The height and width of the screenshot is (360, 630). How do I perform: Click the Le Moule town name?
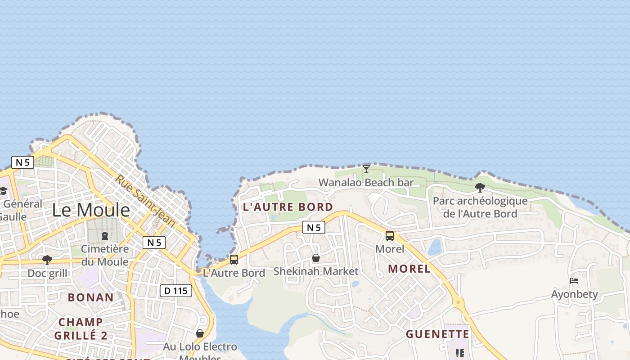click(x=91, y=210)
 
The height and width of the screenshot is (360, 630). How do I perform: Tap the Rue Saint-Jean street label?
click(x=144, y=200)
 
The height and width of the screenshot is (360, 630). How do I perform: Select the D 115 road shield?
click(x=176, y=291)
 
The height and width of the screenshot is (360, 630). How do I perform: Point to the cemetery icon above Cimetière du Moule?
click(x=105, y=235)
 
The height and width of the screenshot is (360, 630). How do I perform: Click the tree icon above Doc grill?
click(x=47, y=260)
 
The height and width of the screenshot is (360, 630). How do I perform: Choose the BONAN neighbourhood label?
click(x=90, y=297)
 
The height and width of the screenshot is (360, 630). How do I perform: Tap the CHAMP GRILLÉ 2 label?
click(x=81, y=329)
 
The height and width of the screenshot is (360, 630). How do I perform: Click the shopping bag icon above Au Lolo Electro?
click(x=200, y=333)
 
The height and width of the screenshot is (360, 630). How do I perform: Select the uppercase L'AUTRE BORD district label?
click(x=288, y=207)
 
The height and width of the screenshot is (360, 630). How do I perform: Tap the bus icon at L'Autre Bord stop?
click(x=234, y=260)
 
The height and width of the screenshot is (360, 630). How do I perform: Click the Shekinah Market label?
click(x=316, y=271)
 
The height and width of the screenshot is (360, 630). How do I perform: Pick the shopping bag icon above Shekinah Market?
click(x=316, y=258)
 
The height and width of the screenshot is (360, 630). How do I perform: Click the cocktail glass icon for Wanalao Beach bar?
click(x=366, y=169)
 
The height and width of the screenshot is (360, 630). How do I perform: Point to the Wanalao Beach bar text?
click(x=366, y=183)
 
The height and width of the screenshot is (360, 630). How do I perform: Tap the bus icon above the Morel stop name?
click(x=390, y=235)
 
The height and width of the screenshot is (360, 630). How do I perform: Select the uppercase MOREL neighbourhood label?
click(x=409, y=269)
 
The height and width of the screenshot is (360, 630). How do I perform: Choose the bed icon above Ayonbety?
click(x=574, y=281)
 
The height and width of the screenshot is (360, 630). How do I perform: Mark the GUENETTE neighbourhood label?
click(x=437, y=334)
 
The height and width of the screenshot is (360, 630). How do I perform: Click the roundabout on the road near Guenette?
click(x=459, y=302)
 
